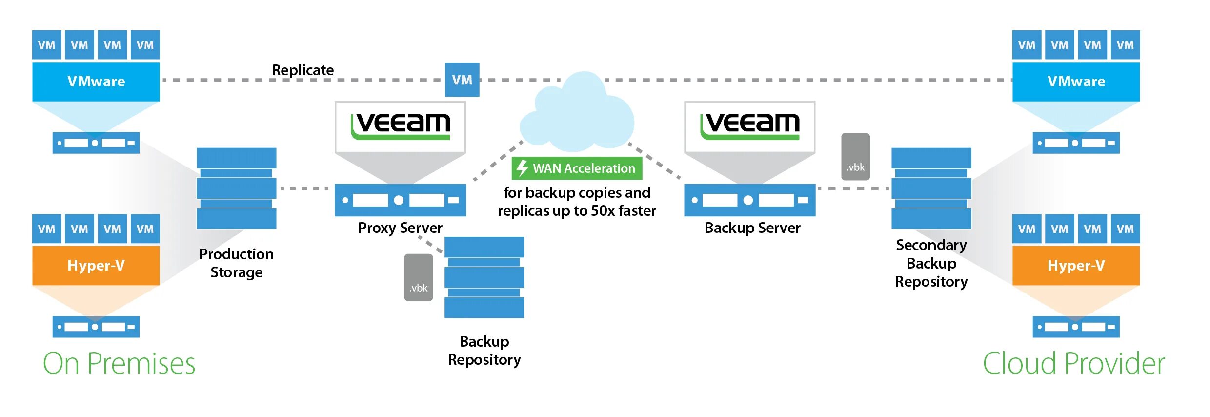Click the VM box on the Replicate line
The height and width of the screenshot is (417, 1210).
pyautogui.click(x=462, y=80)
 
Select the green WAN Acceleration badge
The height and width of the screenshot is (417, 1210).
pyautogui.click(x=577, y=168)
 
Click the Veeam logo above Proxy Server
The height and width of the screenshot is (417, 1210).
pyautogui.click(x=401, y=126)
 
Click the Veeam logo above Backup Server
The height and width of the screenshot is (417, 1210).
pyautogui.click(x=750, y=126)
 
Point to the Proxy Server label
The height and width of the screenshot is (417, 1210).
pyautogui.click(x=400, y=228)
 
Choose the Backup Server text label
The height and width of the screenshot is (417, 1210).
pyautogui.click(x=752, y=228)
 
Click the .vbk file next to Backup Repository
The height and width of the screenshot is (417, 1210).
pyautogui.click(x=419, y=277)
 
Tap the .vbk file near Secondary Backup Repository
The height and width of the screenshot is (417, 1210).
pyautogui.click(x=855, y=157)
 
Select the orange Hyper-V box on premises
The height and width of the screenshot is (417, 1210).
pyautogui.click(x=96, y=266)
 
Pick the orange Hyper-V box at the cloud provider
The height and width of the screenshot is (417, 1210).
pyautogui.click(x=1076, y=266)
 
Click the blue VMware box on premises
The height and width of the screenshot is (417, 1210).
pyautogui.click(x=96, y=82)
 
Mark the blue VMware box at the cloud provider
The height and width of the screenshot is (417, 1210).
pyautogui.click(x=1076, y=82)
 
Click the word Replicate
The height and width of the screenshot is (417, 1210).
pyautogui.click(x=302, y=70)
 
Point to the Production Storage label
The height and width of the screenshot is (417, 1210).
pyautogui.click(x=237, y=263)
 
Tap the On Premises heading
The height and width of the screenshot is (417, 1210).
pyautogui.click(x=119, y=364)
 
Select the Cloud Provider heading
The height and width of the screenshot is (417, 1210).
pyautogui.click(x=1073, y=364)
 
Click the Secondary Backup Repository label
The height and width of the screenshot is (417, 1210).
pyautogui.click(x=931, y=263)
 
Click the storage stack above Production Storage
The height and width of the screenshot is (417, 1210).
pyautogui.click(x=237, y=188)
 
